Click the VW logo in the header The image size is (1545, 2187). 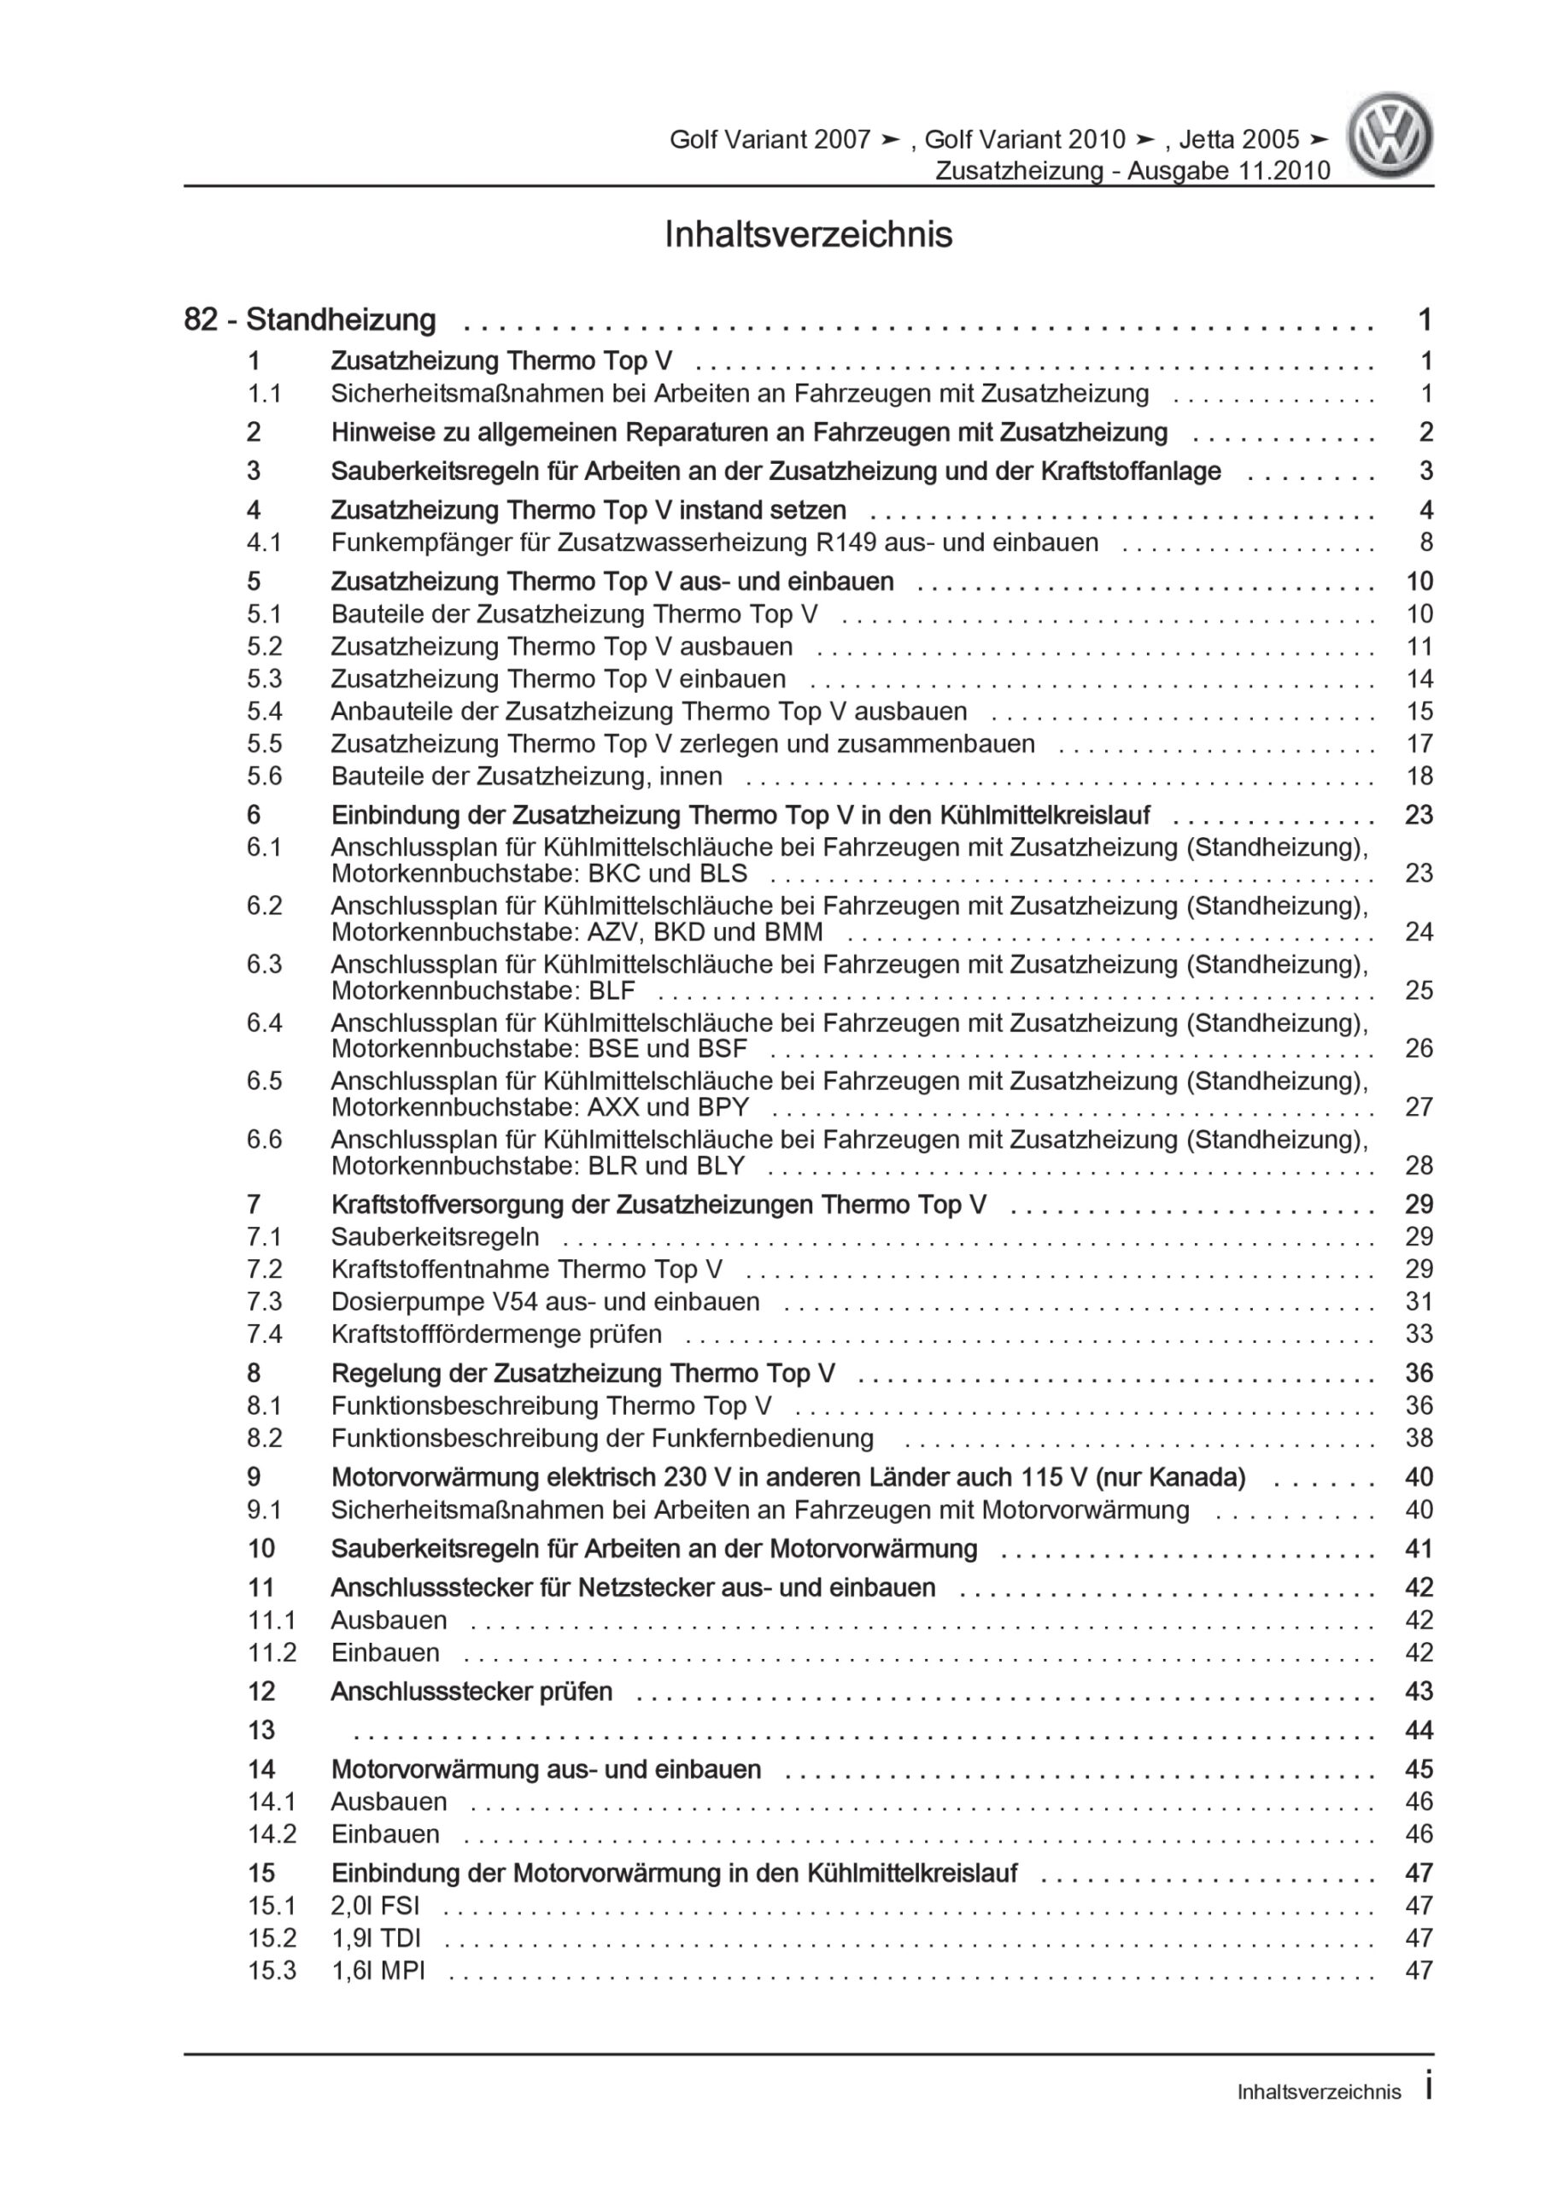(x=1389, y=135)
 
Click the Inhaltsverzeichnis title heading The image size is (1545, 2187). (x=808, y=234)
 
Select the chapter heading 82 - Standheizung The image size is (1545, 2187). (x=309, y=320)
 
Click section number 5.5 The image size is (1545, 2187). (x=264, y=743)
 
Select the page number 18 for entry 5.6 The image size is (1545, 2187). (x=1419, y=776)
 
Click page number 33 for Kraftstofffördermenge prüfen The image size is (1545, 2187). (x=1419, y=1334)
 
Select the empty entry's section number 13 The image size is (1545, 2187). (x=261, y=1730)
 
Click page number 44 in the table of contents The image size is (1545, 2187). (x=1419, y=1730)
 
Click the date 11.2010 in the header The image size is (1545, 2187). (x=1282, y=171)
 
